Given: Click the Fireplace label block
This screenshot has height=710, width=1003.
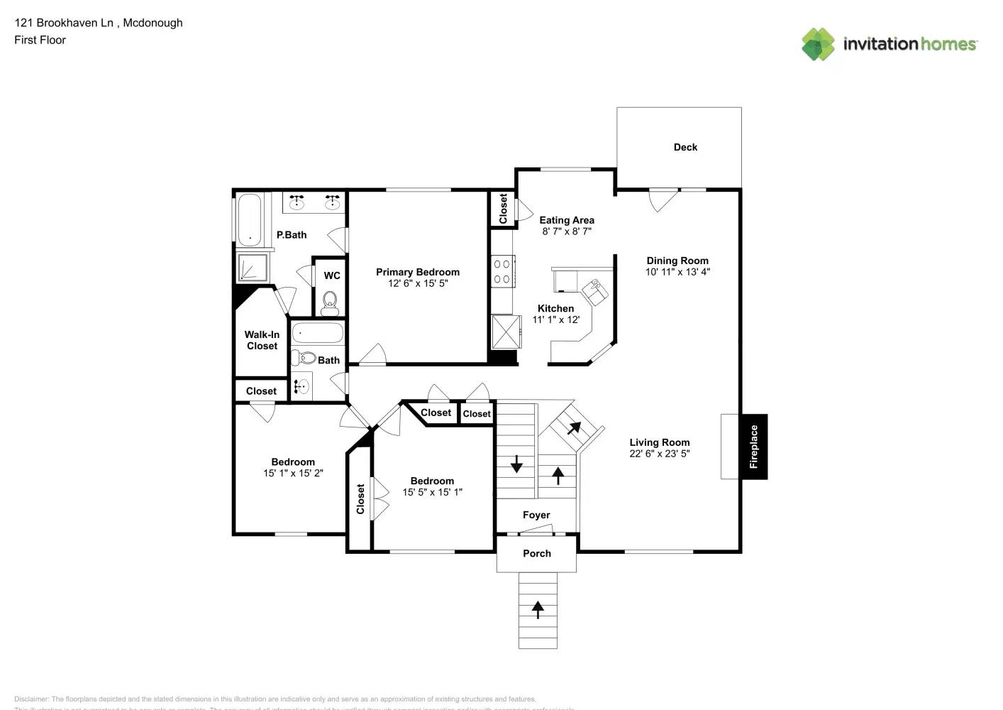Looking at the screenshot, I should [754, 447].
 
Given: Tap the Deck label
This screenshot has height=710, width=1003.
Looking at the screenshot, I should [685, 147].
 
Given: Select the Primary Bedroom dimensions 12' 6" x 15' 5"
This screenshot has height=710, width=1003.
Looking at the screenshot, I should [418, 283].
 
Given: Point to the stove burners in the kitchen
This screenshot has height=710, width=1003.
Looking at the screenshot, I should [502, 271].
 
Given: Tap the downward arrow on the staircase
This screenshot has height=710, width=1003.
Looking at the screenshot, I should [516, 464].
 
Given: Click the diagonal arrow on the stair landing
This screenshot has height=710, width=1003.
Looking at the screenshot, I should [573, 428].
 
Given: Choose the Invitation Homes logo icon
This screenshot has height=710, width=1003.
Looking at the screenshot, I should [818, 44].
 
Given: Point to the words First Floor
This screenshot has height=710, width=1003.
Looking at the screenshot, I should [40, 40].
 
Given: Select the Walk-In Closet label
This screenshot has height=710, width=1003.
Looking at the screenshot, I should [262, 340].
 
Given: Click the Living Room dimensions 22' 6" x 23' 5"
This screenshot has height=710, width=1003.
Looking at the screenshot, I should [659, 454].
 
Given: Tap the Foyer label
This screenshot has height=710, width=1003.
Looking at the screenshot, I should [536, 515].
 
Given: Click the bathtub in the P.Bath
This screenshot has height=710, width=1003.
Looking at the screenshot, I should [249, 219].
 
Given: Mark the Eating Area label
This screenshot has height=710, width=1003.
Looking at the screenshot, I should [567, 220].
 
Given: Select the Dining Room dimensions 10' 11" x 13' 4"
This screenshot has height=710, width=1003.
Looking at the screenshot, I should [677, 272].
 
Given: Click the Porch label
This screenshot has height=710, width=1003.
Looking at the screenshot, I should [537, 553].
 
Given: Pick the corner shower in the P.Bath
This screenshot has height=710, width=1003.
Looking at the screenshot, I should [251, 268].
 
